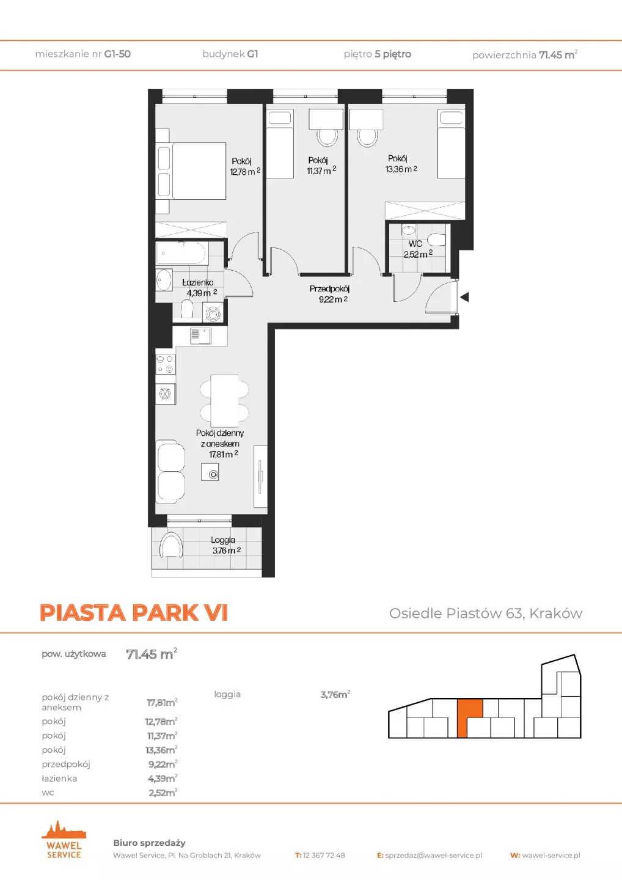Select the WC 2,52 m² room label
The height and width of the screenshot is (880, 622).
point(418,249)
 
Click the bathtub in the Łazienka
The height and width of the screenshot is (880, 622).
point(181,254)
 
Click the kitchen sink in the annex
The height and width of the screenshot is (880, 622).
point(200,336)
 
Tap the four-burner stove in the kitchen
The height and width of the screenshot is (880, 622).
point(166,364)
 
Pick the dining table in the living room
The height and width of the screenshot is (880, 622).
point(224,401)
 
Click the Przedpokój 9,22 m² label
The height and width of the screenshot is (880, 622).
point(329,294)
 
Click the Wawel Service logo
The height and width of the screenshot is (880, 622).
point(64,839)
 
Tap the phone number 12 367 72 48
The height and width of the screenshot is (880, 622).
point(324,856)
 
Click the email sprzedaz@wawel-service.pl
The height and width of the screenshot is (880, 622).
point(434,856)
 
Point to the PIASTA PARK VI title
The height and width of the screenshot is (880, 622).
point(134,612)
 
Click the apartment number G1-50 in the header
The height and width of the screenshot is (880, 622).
point(117,54)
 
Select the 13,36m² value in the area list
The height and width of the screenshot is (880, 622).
point(161,750)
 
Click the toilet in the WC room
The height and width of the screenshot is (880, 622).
point(436,240)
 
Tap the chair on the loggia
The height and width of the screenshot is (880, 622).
point(171,544)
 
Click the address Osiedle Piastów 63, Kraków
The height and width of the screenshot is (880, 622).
point(486,614)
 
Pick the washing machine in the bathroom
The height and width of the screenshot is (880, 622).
point(213,313)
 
